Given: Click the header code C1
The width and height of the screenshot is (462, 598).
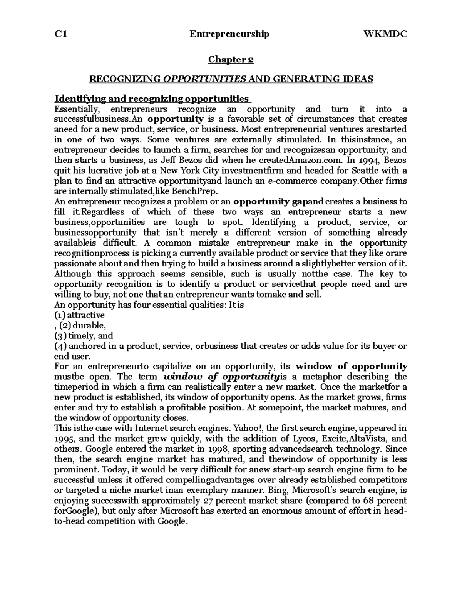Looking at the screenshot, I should [61, 34].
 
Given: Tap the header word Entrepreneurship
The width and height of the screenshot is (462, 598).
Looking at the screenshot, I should [229, 34].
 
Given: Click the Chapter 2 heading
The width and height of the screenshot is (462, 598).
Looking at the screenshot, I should [231, 60].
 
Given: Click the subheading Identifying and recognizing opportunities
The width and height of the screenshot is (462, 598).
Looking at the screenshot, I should [152, 99].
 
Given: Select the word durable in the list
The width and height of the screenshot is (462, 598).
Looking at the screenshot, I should [89, 325].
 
